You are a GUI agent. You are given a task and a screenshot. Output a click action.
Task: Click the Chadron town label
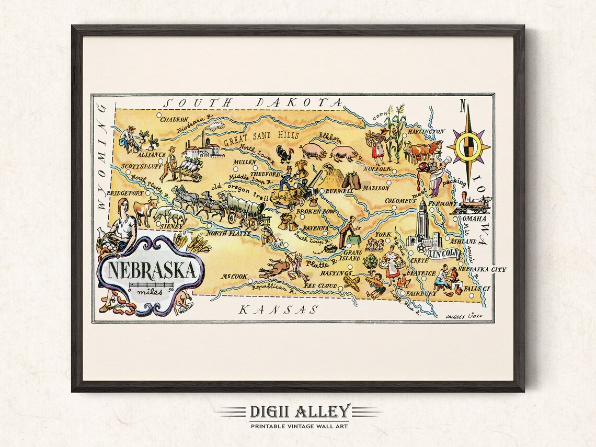(174, 119)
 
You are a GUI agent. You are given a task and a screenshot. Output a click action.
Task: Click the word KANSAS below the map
(278, 309)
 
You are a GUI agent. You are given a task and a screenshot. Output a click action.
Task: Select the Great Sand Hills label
(261, 138)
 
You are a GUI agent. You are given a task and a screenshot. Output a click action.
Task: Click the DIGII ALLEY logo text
(300, 411)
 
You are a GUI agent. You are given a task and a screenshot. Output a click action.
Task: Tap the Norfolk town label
(379, 169)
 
